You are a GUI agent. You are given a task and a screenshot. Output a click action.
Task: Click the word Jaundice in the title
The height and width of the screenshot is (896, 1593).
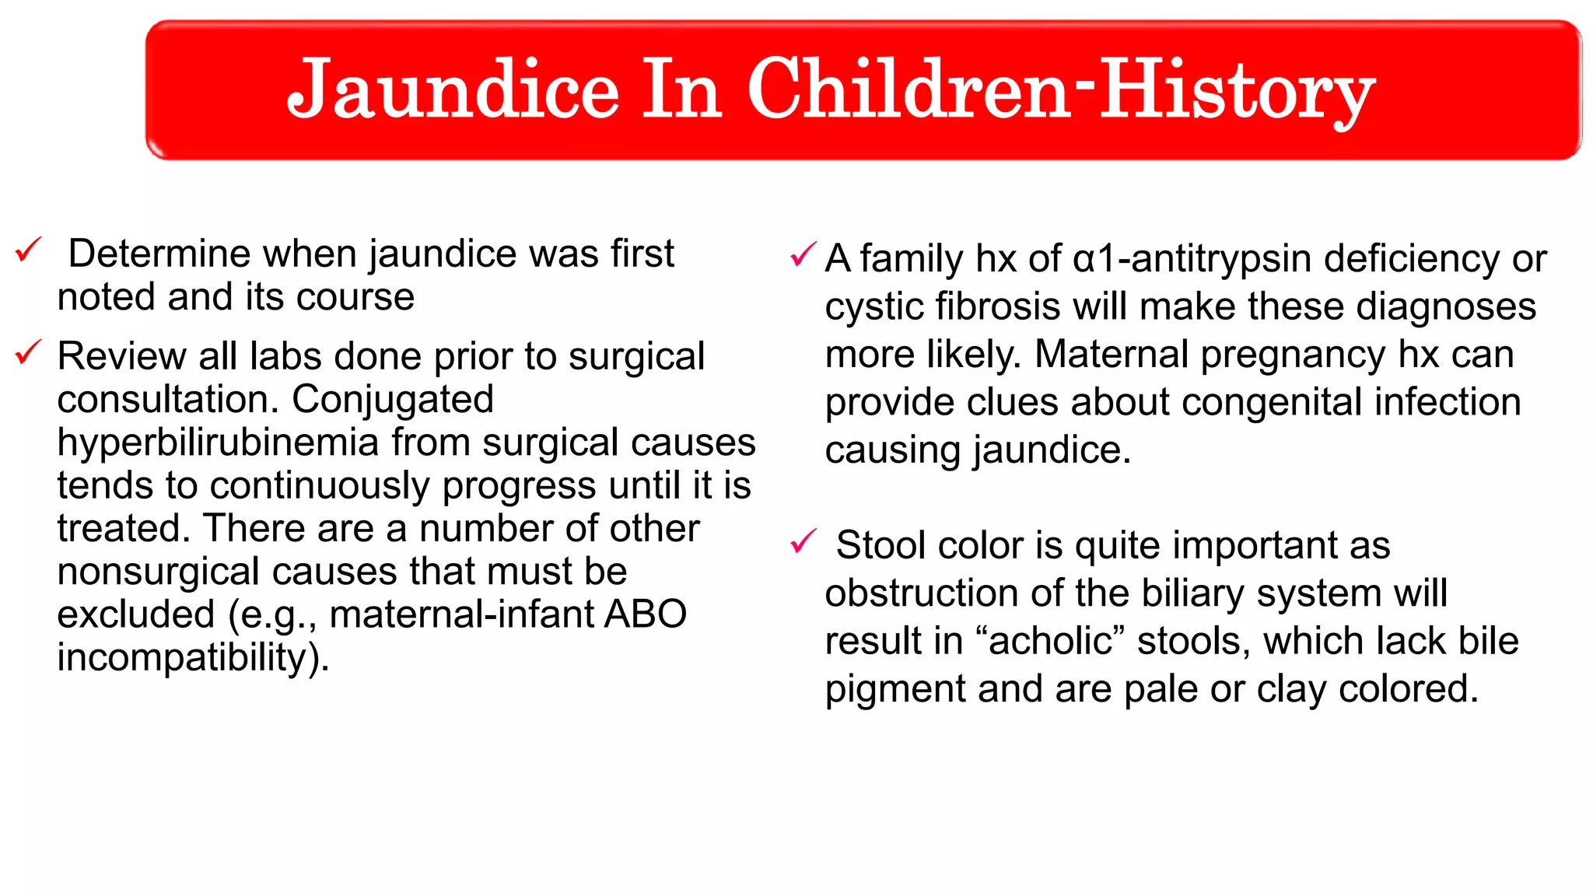pyautogui.click(x=453, y=92)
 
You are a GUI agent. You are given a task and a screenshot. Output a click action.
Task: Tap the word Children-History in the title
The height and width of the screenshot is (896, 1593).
pyautogui.click(x=1061, y=92)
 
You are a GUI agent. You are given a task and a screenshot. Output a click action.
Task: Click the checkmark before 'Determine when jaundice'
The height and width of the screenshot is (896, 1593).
pyautogui.click(x=28, y=250)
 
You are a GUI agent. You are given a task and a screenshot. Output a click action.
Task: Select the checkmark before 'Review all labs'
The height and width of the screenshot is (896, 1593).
pyautogui.click(x=28, y=352)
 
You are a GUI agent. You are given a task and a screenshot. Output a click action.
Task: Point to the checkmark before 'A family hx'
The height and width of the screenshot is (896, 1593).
pyautogui.click(x=803, y=254)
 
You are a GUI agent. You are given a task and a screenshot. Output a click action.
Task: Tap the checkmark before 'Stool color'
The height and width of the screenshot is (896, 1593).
pyautogui.click(x=803, y=541)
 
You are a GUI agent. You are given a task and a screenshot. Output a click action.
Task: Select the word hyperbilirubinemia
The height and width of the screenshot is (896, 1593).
pyautogui.click(x=218, y=443)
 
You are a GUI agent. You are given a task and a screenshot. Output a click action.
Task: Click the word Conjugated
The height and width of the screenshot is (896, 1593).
pyautogui.click(x=393, y=400)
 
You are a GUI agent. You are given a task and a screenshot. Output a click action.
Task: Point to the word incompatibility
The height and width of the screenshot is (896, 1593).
pyautogui.click(x=187, y=657)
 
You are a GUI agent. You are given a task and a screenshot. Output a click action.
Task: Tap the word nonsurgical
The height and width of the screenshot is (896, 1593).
pyautogui.click(x=159, y=572)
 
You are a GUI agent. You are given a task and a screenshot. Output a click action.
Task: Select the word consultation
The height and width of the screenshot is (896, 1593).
pyautogui.click(x=167, y=400)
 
